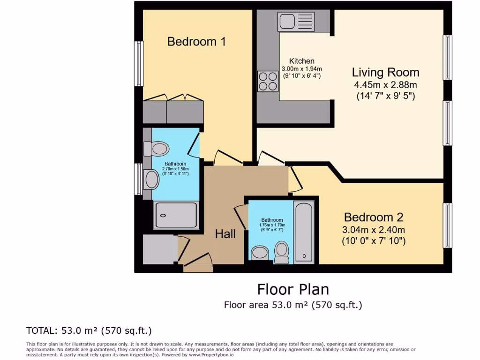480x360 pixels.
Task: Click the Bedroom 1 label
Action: (196, 42)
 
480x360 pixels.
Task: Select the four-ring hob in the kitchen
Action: (268, 81)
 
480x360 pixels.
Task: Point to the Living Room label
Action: (385, 73)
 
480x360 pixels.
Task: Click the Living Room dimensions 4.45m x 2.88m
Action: (385, 85)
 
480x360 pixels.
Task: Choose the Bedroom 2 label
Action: (374, 217)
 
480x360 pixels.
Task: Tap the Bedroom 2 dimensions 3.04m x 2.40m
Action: (374, 230)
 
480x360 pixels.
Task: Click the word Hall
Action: (225, 234)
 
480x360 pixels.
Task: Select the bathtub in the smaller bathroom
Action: (304, 232)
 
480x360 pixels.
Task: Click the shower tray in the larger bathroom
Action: (176, 215)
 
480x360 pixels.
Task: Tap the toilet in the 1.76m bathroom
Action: (282, 252)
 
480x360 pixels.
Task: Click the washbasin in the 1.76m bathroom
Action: (260, 253)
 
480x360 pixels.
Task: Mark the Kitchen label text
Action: (301, 61)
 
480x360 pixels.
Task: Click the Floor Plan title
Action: (293, 289)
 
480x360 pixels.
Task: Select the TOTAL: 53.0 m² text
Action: (89, 330)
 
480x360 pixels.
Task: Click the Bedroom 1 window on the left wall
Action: (139, 64)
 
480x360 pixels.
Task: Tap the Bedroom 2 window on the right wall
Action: (448, 225)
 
